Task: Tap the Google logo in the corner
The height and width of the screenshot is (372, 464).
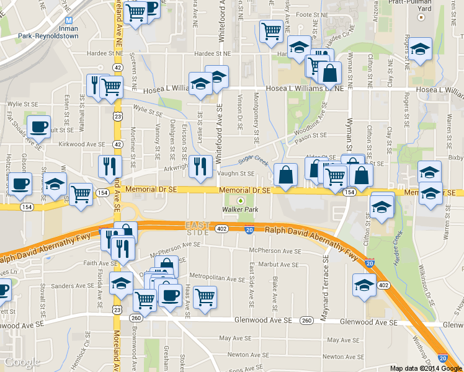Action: (x=22, y=362)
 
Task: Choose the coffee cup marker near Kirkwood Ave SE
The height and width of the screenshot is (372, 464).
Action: (x=38, y=126)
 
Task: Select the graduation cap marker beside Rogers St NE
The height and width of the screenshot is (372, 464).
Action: (x=420, y=50)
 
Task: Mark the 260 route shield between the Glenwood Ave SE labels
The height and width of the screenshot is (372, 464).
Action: (x=306, y=321)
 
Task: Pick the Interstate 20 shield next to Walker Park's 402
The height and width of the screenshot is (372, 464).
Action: (x=248, y=230)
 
